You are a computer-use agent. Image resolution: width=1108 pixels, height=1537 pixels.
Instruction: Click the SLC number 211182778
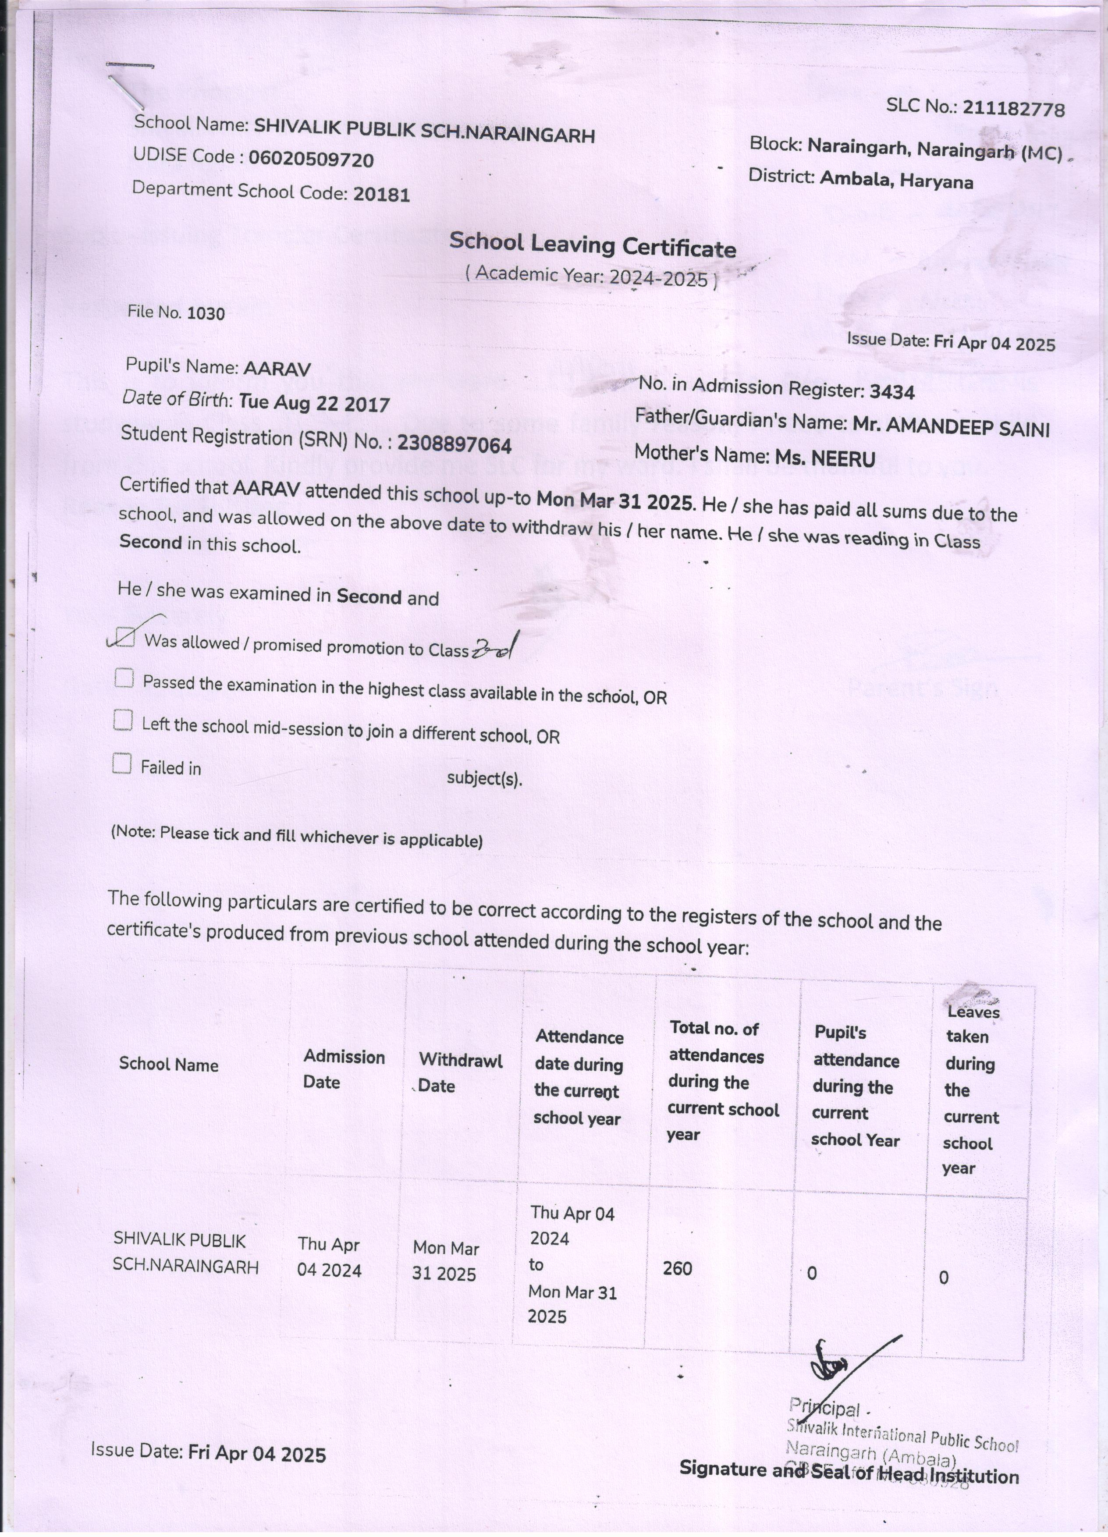point(1013,109)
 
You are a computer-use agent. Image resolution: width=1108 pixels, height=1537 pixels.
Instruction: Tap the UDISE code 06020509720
point(311,160)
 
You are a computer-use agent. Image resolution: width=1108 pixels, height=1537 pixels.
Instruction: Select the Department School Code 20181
point(381,195)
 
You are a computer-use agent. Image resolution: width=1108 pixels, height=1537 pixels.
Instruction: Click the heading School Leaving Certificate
point(592,245)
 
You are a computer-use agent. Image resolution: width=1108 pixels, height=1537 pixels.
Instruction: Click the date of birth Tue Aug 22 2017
point(314,404)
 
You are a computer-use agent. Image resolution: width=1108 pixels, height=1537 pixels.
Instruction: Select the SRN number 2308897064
point(454,444)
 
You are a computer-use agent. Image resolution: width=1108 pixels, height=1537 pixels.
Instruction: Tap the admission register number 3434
point(892,392)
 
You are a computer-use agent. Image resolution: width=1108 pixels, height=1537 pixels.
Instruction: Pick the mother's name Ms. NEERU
point(825,458)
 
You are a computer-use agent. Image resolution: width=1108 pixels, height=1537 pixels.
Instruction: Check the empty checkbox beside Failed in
point(122,764)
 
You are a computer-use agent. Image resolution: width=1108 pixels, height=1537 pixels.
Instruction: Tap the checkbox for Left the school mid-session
point(123,721)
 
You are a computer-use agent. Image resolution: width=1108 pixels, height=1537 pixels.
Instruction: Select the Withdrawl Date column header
point(459,1073)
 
